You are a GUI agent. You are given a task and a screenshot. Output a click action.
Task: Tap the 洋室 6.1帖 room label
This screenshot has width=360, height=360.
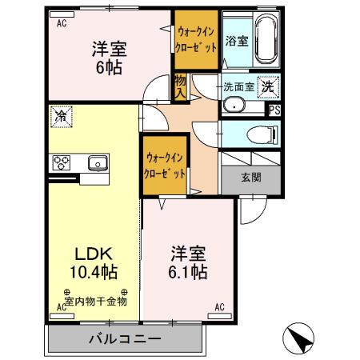[x=189, y=263]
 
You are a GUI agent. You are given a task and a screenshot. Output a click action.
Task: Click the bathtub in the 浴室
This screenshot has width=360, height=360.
[x=263, y=41]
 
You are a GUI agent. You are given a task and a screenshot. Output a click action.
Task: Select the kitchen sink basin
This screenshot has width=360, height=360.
[x=98, y=162]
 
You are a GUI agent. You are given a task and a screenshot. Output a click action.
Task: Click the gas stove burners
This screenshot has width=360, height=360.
[x=62, y=162]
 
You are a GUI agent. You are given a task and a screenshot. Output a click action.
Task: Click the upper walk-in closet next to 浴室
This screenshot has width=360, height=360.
[x=195, y=42]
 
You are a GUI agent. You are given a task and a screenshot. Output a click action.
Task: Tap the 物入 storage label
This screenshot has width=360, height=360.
[x=181, y=86]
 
